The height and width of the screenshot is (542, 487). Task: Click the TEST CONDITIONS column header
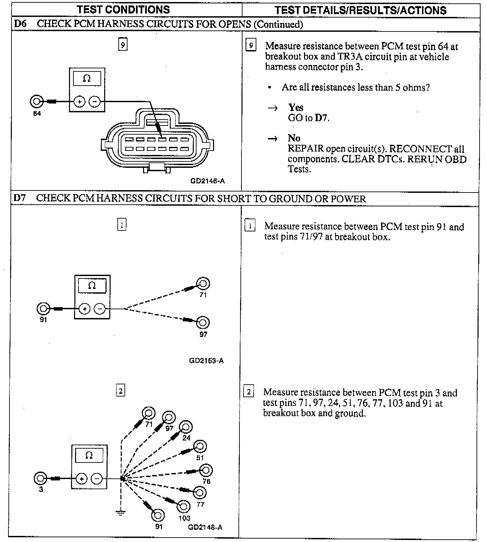123,10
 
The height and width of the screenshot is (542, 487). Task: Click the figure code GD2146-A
207,181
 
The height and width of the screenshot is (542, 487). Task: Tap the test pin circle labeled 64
36,101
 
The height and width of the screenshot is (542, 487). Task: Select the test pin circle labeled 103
184,506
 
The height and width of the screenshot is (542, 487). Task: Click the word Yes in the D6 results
296,108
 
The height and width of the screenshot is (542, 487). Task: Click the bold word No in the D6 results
294,138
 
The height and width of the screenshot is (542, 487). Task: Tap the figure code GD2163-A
206,361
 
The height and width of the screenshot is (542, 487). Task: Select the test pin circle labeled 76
206,470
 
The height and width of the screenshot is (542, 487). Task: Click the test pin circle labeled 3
40,478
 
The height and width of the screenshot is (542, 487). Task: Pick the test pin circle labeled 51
200,447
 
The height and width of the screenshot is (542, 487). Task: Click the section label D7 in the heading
20,198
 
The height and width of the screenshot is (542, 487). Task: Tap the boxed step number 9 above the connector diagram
123,45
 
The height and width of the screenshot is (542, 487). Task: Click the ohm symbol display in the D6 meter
87,79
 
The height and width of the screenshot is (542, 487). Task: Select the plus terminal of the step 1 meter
85,309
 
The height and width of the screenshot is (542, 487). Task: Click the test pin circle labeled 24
186,427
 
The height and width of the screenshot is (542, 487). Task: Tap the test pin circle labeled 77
200,493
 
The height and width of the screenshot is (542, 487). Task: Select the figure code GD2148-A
205,527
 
